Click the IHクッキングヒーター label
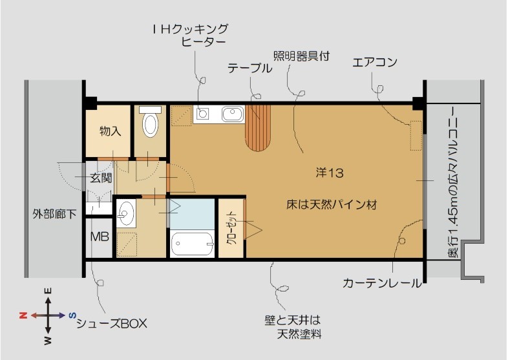pos(191,36)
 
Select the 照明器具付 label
pos(301,56)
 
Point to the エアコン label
pos(375,63)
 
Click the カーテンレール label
pos(382,283)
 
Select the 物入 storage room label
pos(110,131)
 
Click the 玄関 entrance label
pos(101,176)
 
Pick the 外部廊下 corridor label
pos(54,213)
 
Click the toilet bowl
pos(151,123)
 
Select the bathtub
pos(192,244)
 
